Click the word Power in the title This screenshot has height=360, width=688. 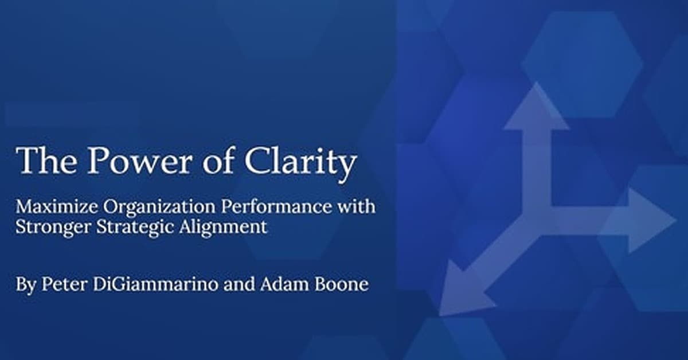[140, 161]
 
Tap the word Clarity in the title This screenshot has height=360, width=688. [300, 164]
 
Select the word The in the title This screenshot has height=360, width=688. [46, 161]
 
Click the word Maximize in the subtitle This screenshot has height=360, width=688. [57, 207]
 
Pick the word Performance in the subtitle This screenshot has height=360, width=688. [276, 207]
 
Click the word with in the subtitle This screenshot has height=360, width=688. [356, 206]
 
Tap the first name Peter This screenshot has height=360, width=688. [64, 284]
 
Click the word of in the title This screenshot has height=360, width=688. [218, 160]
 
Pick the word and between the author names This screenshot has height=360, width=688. [239, 284]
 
